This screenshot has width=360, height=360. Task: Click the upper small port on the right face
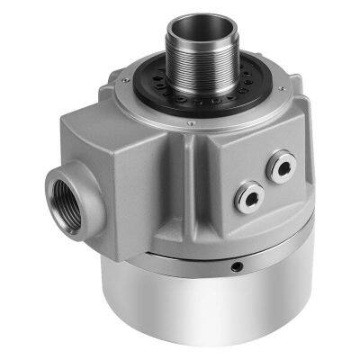(284, 165)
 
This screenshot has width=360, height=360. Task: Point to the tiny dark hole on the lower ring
(236, 267)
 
